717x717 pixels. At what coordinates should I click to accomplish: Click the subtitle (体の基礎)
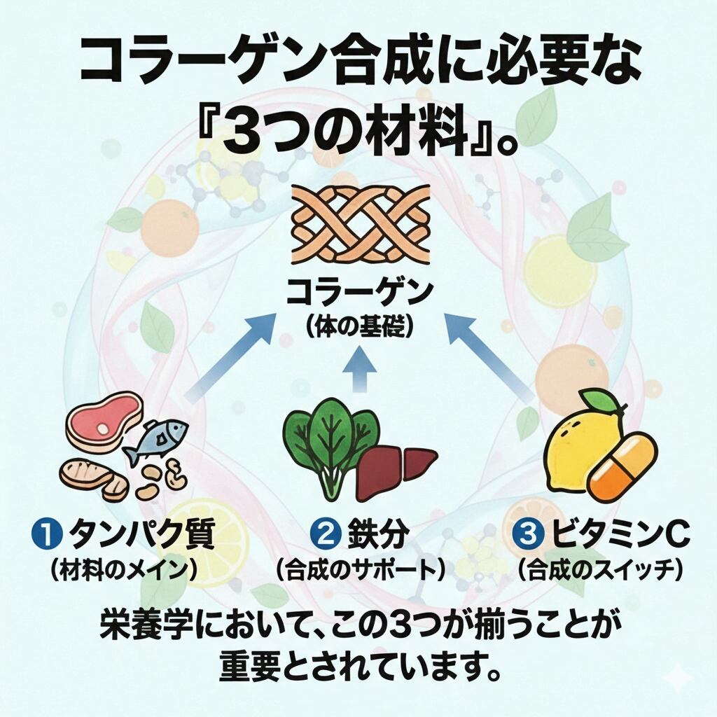(x=358, y=327)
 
